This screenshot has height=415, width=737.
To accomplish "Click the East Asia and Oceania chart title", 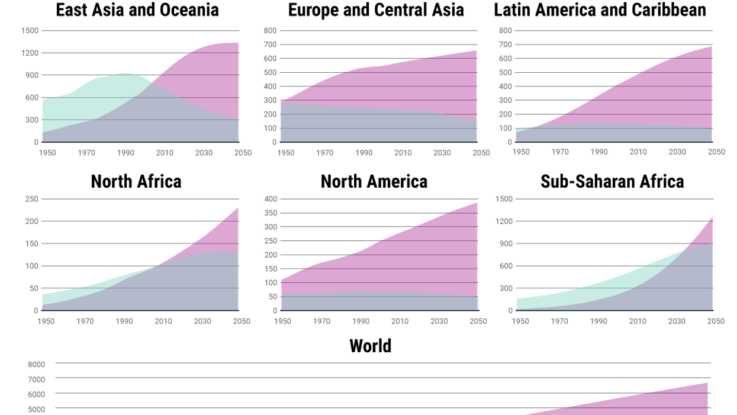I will coord(137,10).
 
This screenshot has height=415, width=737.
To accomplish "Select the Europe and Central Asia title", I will coord(376,10).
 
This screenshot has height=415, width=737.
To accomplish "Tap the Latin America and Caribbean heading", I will coord(600,10).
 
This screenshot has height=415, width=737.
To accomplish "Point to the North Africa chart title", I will coord(136,181).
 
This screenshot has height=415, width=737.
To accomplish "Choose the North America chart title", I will coord(374,181).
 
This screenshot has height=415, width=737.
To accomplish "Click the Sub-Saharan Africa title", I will coord(612,181).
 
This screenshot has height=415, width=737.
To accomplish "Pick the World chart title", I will coord(371,346).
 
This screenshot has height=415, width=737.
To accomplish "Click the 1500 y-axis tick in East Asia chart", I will coord(30,31).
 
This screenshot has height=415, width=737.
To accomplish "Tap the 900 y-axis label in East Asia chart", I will coord(31,75).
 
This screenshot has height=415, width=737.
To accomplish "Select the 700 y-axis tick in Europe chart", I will coord(270,44).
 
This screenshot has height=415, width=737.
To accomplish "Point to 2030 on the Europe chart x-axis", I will coord(442,153).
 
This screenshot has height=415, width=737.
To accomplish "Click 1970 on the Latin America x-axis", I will coord(560,152).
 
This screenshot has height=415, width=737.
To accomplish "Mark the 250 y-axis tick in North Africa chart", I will coord(32,199).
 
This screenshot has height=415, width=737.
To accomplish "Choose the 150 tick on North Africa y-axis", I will coord(32,244).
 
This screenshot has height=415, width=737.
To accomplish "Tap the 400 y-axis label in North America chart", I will coord(270,199).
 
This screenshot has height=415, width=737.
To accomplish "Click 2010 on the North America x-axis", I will coord(400,321).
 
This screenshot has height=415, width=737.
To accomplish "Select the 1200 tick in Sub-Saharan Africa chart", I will coord(504,221).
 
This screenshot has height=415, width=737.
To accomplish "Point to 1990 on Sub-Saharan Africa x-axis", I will coord(598,321).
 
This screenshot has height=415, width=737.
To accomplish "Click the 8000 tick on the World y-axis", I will coord(36,365).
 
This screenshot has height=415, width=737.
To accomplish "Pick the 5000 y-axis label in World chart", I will coord(36,409).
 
